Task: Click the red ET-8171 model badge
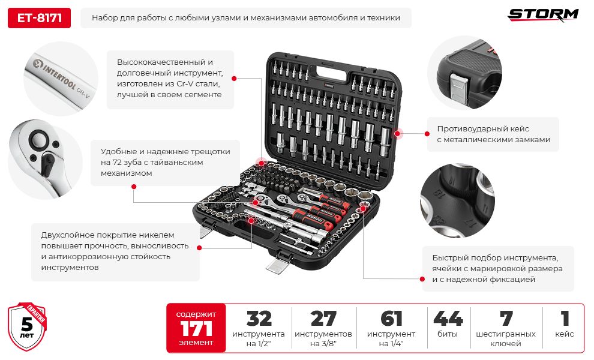point(39,18)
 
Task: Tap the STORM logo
point(543,15)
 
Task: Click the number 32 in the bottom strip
point(259,319)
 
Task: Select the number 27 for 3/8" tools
point(323,319)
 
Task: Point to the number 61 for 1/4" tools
point(391,319)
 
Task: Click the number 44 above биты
point(448,319)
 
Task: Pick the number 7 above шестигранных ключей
point(506,319)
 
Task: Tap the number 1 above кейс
point(565,319)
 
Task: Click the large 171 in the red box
point(196,329)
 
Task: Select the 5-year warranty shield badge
point(27,326)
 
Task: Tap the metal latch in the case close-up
point(458,88)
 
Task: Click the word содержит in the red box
point(196,314)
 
